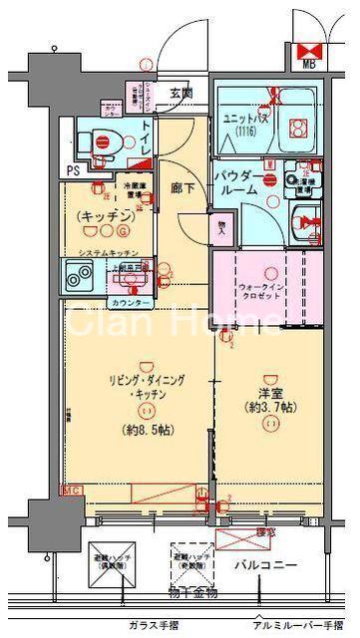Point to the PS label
click(x=73, y=170)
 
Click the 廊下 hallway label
click(x=180, y=184)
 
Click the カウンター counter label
click(x=130, y=302)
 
